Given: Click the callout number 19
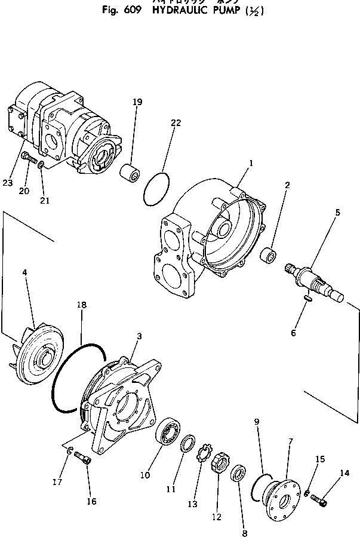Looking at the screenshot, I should (x=137, y=102).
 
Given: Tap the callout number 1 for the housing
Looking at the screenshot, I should (x=251, y=162).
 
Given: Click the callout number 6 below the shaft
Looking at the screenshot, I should (x=293, y=333).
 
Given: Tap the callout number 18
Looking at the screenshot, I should (x=82, y=305).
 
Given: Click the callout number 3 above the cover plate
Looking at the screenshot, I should (x=139, y=336).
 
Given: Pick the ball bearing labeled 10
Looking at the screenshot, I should (x=169, y=432).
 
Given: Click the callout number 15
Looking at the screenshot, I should (x=320, y=459).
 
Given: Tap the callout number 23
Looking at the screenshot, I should (x=7, y=183).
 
